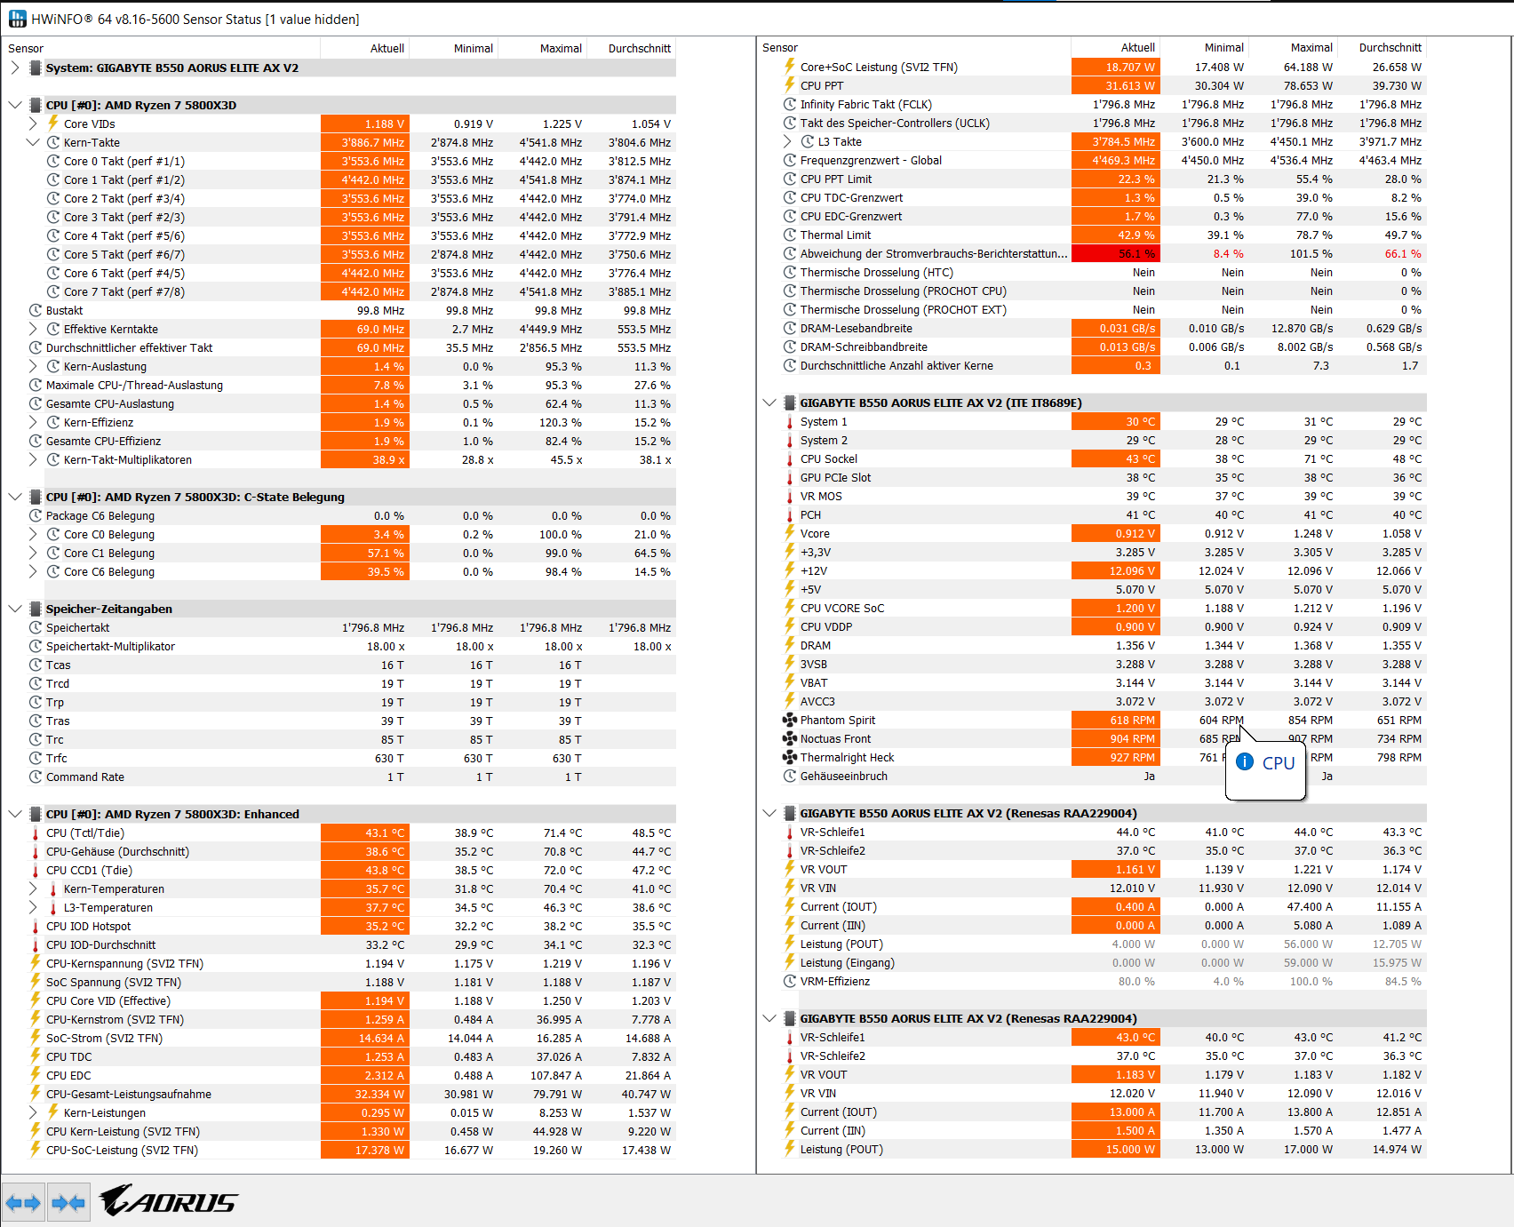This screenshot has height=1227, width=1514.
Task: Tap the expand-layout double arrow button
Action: (23, 1203)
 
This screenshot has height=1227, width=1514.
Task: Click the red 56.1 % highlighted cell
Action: (1115, 254)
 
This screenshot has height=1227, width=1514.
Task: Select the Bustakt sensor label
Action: (64, 311)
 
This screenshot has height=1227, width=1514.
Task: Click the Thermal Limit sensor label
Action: (835, 235)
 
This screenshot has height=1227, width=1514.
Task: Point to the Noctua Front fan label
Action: (835, 739)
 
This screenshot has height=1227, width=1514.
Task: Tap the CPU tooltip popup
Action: (1267, 763)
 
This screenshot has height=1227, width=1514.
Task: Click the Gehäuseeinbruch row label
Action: (843, 777)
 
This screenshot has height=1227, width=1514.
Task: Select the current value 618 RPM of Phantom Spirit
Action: (1115, 721)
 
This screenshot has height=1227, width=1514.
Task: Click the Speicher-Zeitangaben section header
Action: (109, 610)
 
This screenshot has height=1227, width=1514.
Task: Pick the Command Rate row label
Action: (85, 777)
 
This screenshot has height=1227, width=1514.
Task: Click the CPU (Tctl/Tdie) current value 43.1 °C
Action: (365, 833)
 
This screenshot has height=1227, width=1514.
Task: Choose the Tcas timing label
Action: (59, 665)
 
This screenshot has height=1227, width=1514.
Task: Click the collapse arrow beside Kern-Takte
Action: (33, 143)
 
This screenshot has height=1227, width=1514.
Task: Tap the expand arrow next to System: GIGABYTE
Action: (15, 68)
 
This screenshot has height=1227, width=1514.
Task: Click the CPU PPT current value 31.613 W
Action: (1115, 86)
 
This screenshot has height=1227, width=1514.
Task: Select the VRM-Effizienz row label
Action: (834, 982)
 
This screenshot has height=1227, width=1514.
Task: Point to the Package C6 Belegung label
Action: (100, 516)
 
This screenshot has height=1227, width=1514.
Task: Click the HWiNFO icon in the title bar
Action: (17, 19)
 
